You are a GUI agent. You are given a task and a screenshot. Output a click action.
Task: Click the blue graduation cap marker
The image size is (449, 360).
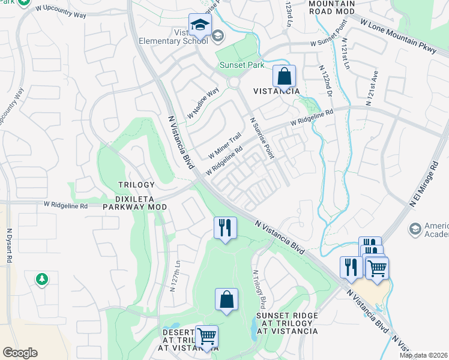coord(199,25)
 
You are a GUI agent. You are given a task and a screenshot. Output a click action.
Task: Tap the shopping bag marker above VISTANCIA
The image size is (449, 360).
coord(285,77)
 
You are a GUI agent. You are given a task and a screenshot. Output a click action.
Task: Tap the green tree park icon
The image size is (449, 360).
coord(41,278)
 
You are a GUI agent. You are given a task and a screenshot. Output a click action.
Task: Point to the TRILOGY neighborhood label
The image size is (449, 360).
coord(136,185)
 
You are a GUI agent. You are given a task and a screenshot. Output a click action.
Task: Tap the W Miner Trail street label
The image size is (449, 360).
coord(224,146)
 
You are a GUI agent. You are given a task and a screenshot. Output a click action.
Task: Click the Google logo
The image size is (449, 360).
coord(20,353)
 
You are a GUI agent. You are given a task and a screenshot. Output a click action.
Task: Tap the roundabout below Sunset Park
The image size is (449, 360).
coord(234,83)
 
